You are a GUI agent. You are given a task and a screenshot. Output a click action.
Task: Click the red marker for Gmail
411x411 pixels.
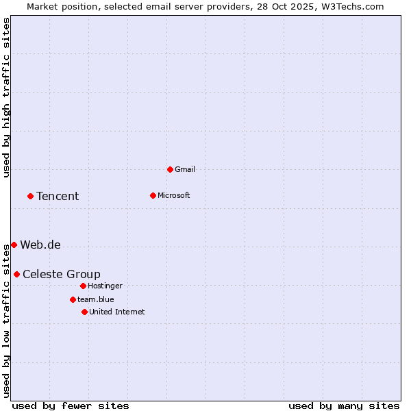click(x=170, y=169)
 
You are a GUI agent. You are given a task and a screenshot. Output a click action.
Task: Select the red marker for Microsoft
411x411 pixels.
click(x=153, y=195)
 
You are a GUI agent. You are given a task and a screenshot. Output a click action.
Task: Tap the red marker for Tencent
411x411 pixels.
click(x=30, y=196)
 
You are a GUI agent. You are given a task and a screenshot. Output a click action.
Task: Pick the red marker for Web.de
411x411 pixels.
click(x=14, y=245)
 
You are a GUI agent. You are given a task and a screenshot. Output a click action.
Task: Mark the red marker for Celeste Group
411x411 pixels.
click(x=16, y=274)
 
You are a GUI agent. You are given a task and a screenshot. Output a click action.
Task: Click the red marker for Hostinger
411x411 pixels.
click(x=83, y=286)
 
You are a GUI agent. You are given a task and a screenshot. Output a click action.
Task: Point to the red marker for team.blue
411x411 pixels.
click(x=73, y=299)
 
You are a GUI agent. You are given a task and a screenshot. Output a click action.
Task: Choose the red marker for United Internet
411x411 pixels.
click(x=84, y=312)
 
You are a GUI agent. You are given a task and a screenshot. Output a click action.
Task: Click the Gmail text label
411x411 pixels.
click(x=185, y=169)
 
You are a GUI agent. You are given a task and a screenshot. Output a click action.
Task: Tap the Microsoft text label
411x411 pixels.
click(x=174, y=195)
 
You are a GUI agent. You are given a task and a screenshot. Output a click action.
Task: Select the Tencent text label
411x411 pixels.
click(x=58, y=197)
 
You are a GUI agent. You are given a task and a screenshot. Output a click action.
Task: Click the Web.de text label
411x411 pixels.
click(x=40, y=245)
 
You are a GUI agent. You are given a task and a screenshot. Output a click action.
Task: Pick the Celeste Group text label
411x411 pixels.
click(x=62, y=275)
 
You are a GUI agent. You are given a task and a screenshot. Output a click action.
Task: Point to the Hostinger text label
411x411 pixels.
click(x=105, y=286)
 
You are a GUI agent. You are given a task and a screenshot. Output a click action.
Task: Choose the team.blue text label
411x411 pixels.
click(x=96, y=299)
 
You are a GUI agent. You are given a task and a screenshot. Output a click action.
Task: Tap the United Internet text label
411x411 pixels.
click(x=117, y=312)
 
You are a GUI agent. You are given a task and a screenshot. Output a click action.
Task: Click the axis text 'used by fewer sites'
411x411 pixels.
click(x=71, y=406)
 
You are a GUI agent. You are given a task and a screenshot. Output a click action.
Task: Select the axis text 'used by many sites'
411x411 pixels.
click(x=344, y=406)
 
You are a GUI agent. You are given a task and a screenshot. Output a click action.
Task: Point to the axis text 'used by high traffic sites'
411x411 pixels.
click(x=6, y=97)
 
